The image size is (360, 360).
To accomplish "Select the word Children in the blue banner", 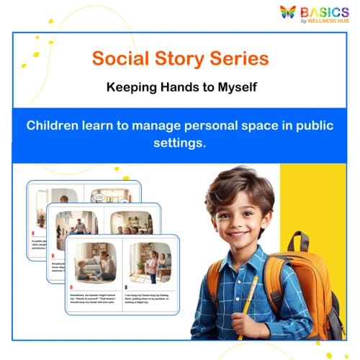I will click(54, 125).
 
